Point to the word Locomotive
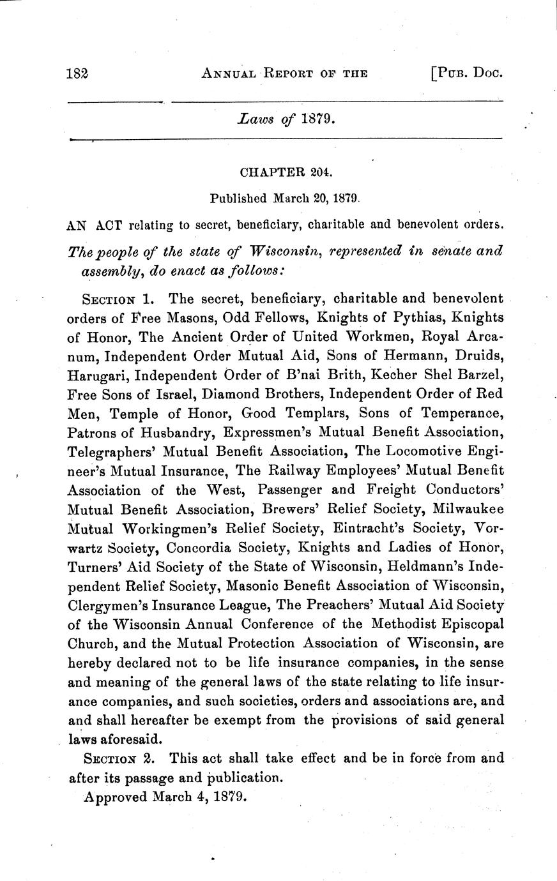coord(438,452)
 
